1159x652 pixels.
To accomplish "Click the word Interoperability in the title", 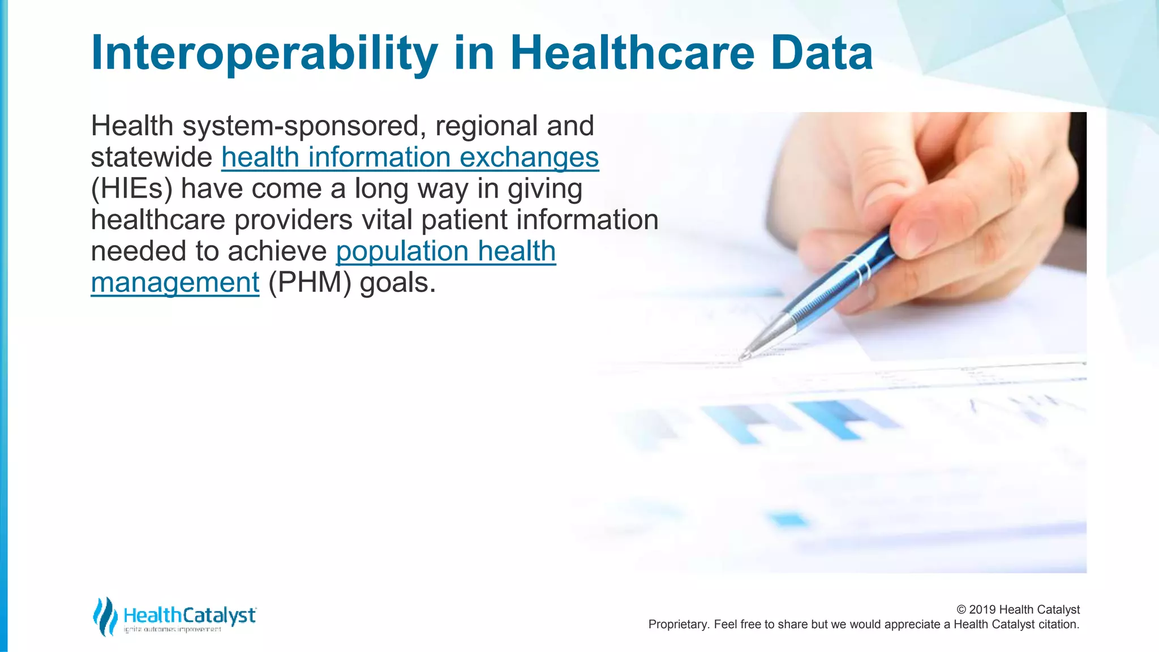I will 264,53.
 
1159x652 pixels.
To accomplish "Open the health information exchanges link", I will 410,157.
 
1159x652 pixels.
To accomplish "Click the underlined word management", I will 175,282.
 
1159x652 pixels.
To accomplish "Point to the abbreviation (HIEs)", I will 131,189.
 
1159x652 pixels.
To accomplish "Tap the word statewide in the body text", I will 151,157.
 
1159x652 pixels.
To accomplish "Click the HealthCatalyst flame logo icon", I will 105,616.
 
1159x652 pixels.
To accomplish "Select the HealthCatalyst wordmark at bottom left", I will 190,615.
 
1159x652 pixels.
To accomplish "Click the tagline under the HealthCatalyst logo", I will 173,629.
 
